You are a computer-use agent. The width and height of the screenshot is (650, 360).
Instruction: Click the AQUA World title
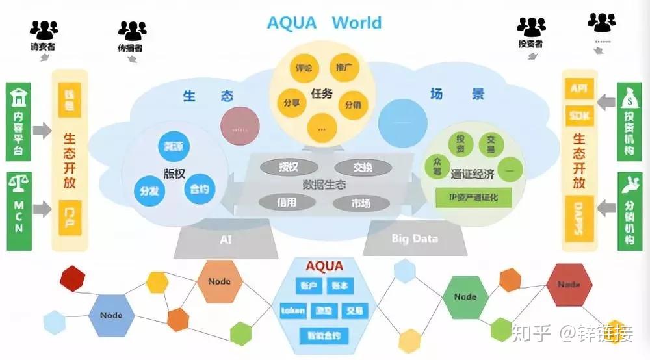coord(324,22)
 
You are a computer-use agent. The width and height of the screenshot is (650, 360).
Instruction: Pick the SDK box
coord(578,116)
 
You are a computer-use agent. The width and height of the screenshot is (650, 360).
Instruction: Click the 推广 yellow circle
coord(344,68)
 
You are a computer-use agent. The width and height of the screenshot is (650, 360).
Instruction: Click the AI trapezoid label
coord(226,239)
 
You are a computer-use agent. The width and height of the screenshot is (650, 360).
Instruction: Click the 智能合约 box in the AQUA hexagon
coord(324,336)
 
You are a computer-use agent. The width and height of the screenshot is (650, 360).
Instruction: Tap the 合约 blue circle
coord(199,190)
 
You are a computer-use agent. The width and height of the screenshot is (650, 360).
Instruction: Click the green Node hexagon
coord(465,297)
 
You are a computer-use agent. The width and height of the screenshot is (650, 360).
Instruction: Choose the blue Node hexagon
coord(111,316)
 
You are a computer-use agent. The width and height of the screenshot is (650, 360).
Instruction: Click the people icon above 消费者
coord(44,29)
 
